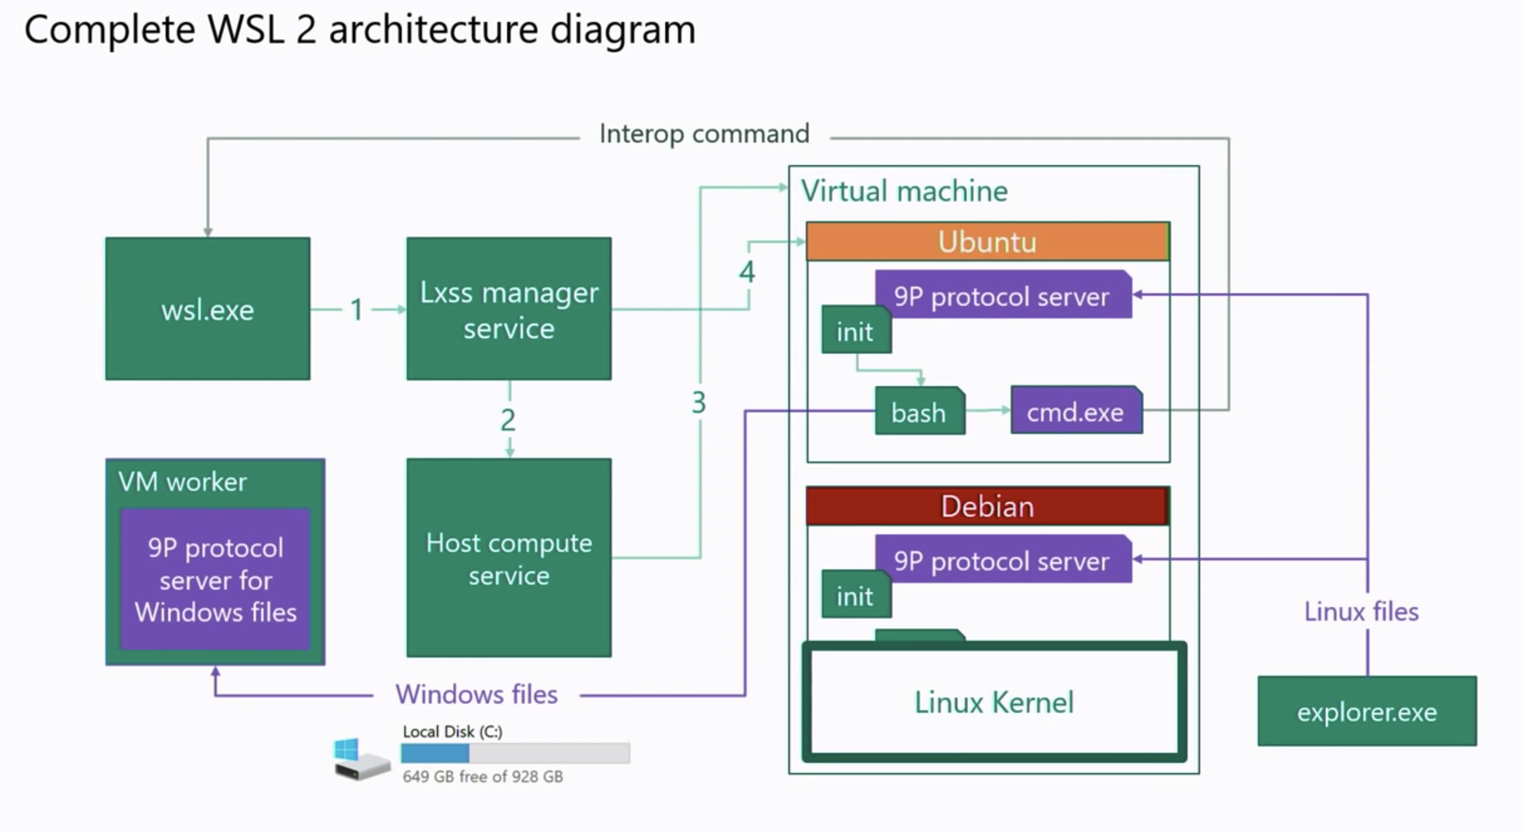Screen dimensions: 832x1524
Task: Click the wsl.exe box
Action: tap(207, 308)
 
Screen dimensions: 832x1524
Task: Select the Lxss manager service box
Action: tap(508, 308)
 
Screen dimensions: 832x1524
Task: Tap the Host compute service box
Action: tap(508, 558)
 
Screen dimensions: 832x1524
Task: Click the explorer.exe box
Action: tap(1366, 711)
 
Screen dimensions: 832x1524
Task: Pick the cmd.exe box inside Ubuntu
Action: tap(1076, 411)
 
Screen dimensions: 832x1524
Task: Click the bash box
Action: tap(919, 412)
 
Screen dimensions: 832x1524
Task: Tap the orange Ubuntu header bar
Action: tap(987, 242)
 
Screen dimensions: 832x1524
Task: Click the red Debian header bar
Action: tap(987, 506)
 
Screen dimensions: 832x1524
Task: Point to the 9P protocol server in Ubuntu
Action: tap(1002, 296)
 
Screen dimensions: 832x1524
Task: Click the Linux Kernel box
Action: tap(994, 702)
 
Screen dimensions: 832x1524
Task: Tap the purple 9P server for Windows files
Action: tap(215, 580)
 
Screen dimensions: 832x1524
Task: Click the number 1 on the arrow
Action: tap(357, 310)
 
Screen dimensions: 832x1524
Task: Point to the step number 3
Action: tap(699, 402)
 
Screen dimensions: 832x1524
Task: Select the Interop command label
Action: tap(704, 134)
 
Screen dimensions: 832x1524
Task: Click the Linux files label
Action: tap(1361, 612)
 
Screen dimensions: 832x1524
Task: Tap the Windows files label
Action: tap(476, 694)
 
